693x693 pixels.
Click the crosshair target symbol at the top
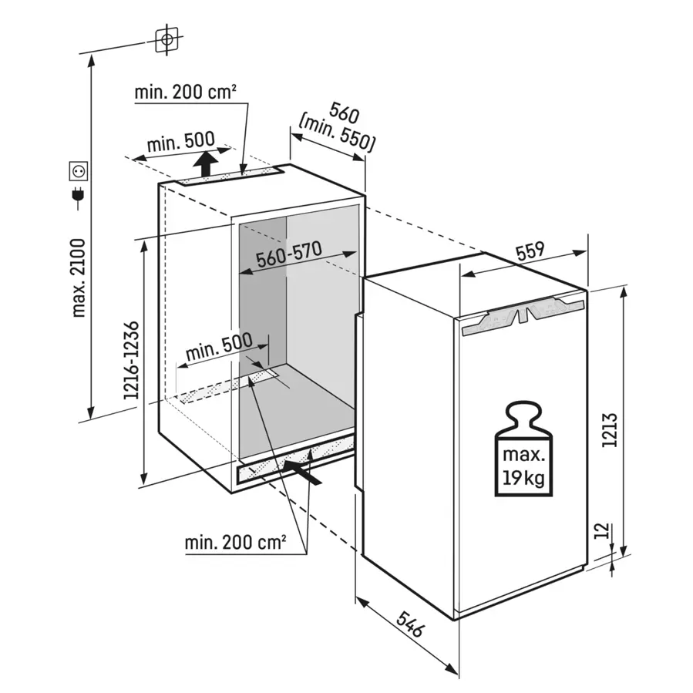pos(167,39)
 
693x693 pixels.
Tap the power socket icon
pos(79,170)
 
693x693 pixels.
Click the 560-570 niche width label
pos(289,255)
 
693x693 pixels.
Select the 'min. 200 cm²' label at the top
pos(185,94)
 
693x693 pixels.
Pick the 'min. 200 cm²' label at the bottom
pos(235,543)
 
